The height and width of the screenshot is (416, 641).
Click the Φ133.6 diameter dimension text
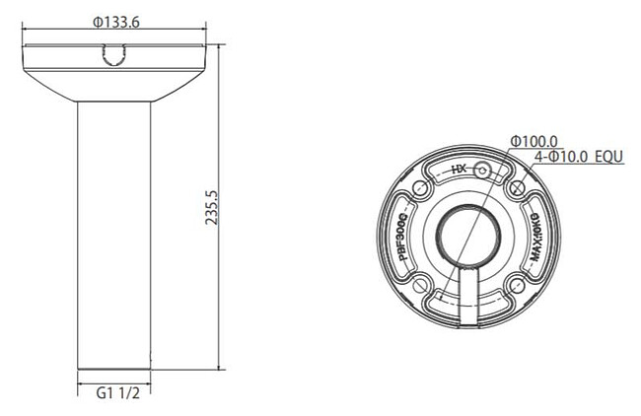114,23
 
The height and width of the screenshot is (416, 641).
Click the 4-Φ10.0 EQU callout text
578,157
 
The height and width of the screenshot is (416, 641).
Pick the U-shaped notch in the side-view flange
113,62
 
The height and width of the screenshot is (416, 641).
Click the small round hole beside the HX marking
482,171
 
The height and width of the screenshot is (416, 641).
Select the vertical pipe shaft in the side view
114,237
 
